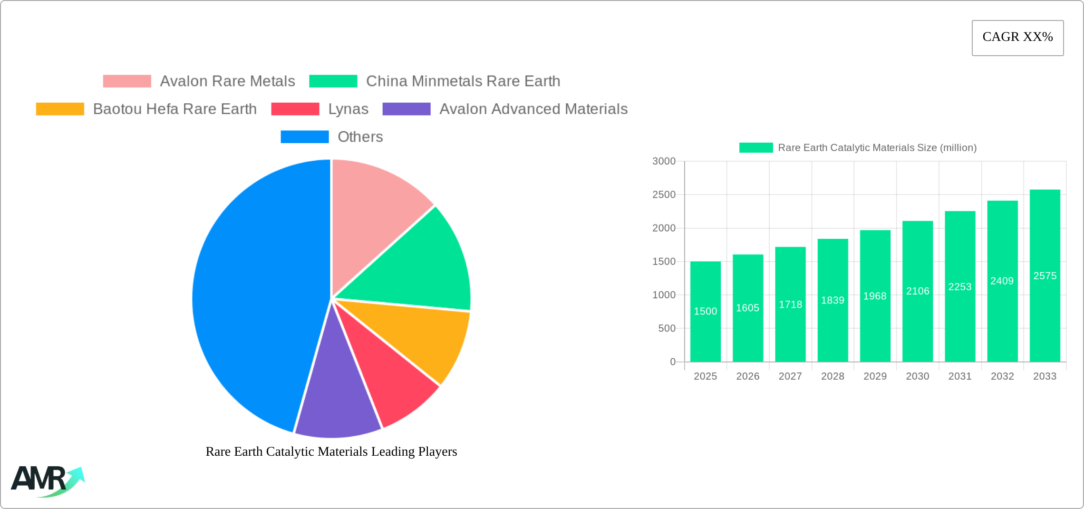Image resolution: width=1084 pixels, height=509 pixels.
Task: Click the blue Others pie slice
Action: point(252,295)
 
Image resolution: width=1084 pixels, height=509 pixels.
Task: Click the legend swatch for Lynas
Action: point(295,109)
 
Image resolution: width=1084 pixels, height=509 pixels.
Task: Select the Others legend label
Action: point(360,137)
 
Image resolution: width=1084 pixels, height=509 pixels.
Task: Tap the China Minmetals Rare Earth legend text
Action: point(463,81)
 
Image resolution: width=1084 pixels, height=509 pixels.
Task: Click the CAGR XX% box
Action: point(1017,38)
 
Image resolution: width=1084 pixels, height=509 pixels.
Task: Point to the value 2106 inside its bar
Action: point(917,291)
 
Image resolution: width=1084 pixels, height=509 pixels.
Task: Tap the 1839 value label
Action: point(832,301)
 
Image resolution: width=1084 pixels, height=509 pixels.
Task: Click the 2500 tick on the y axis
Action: point(664,195)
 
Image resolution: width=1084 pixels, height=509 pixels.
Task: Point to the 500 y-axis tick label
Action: point(667,329)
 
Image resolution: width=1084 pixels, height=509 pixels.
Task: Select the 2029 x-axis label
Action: point(875,376)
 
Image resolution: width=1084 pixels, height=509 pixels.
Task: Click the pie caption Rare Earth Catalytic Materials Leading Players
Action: point(331,451)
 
